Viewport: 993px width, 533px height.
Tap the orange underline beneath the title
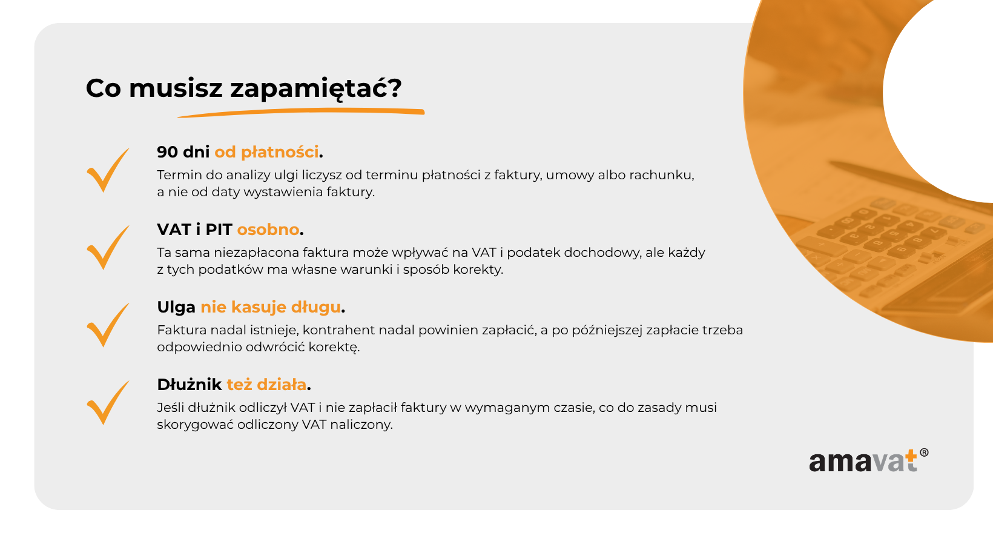301,112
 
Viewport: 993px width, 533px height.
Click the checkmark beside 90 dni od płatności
108,170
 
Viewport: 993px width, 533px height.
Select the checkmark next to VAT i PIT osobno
108,248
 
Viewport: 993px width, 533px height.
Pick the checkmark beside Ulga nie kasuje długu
108,325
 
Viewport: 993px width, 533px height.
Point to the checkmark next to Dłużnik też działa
108,403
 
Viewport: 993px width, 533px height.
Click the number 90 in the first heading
168,152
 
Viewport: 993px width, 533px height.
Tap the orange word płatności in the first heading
280,153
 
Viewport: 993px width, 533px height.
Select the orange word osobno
268,230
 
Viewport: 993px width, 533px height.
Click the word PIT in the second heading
219,230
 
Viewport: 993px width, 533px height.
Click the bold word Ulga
176,307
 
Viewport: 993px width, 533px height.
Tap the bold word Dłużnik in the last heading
190,385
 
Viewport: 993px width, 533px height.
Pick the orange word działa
282,385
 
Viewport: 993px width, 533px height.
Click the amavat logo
868,461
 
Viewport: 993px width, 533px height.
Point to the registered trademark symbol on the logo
924,452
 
